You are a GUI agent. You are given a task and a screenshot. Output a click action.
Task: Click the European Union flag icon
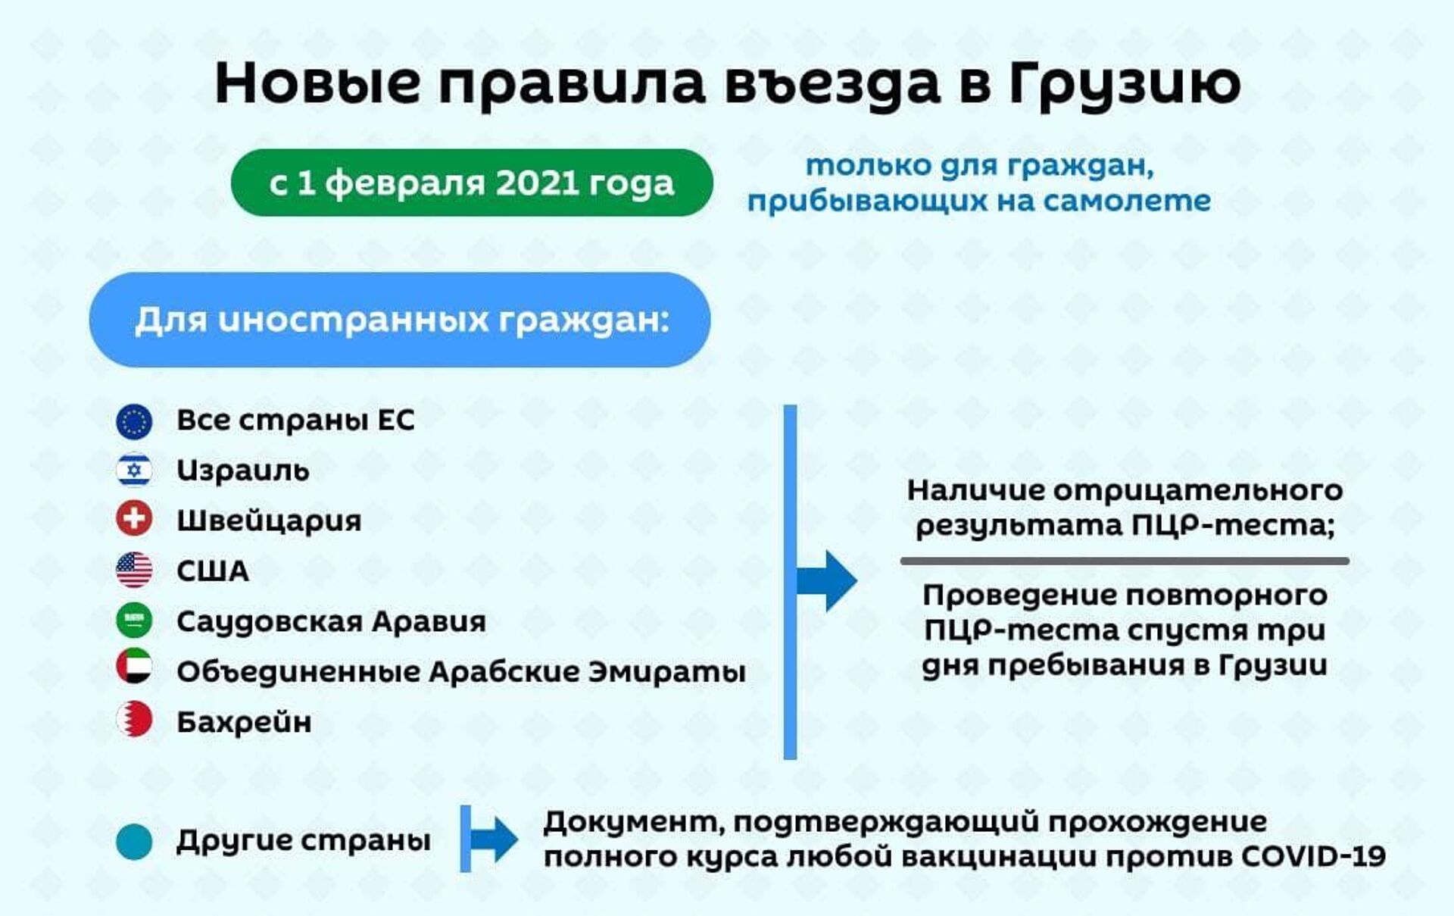click(134, 421)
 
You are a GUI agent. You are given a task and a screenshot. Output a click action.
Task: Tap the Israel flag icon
click(134, 471)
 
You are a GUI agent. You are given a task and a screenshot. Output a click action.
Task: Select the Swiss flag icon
click(134, 520)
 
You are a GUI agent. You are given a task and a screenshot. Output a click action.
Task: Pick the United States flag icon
click(134, 571)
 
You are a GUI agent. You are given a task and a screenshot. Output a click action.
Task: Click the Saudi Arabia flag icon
click(134, 621)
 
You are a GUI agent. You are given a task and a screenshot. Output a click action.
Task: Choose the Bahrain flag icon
click(134, 720)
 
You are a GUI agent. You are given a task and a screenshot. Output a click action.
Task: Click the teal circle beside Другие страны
click(134, 842)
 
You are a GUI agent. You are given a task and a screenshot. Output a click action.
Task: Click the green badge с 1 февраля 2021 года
click(472, 183)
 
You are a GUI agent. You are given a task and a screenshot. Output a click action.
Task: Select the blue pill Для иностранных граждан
click(400, 320)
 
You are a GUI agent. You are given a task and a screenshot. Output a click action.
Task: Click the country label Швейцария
click(269, 521)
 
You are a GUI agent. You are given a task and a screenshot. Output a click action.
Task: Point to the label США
click(212, 571)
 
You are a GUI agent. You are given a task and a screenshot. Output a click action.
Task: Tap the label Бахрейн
click(244, 722)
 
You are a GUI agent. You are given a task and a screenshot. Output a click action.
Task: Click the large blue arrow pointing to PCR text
click(827, 581)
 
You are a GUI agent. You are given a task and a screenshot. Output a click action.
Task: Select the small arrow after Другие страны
click(494, 839)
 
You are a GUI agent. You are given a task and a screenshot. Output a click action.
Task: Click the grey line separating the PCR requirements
click(1125, 561)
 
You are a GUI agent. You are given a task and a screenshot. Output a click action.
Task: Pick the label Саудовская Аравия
click(331, 622)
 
